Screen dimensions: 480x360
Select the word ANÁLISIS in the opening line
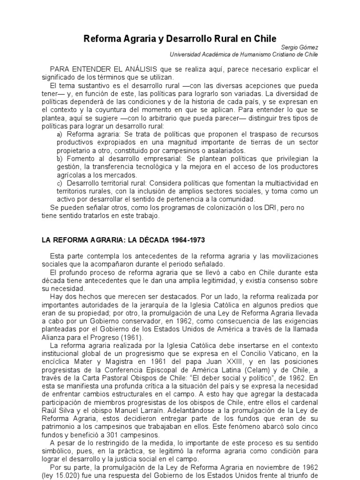click(x=139, y=69)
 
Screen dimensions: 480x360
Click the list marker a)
click(x=59, y=134)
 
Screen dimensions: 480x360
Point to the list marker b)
click(x=59, y=158)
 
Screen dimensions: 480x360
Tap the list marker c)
click(x=59, y=183)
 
